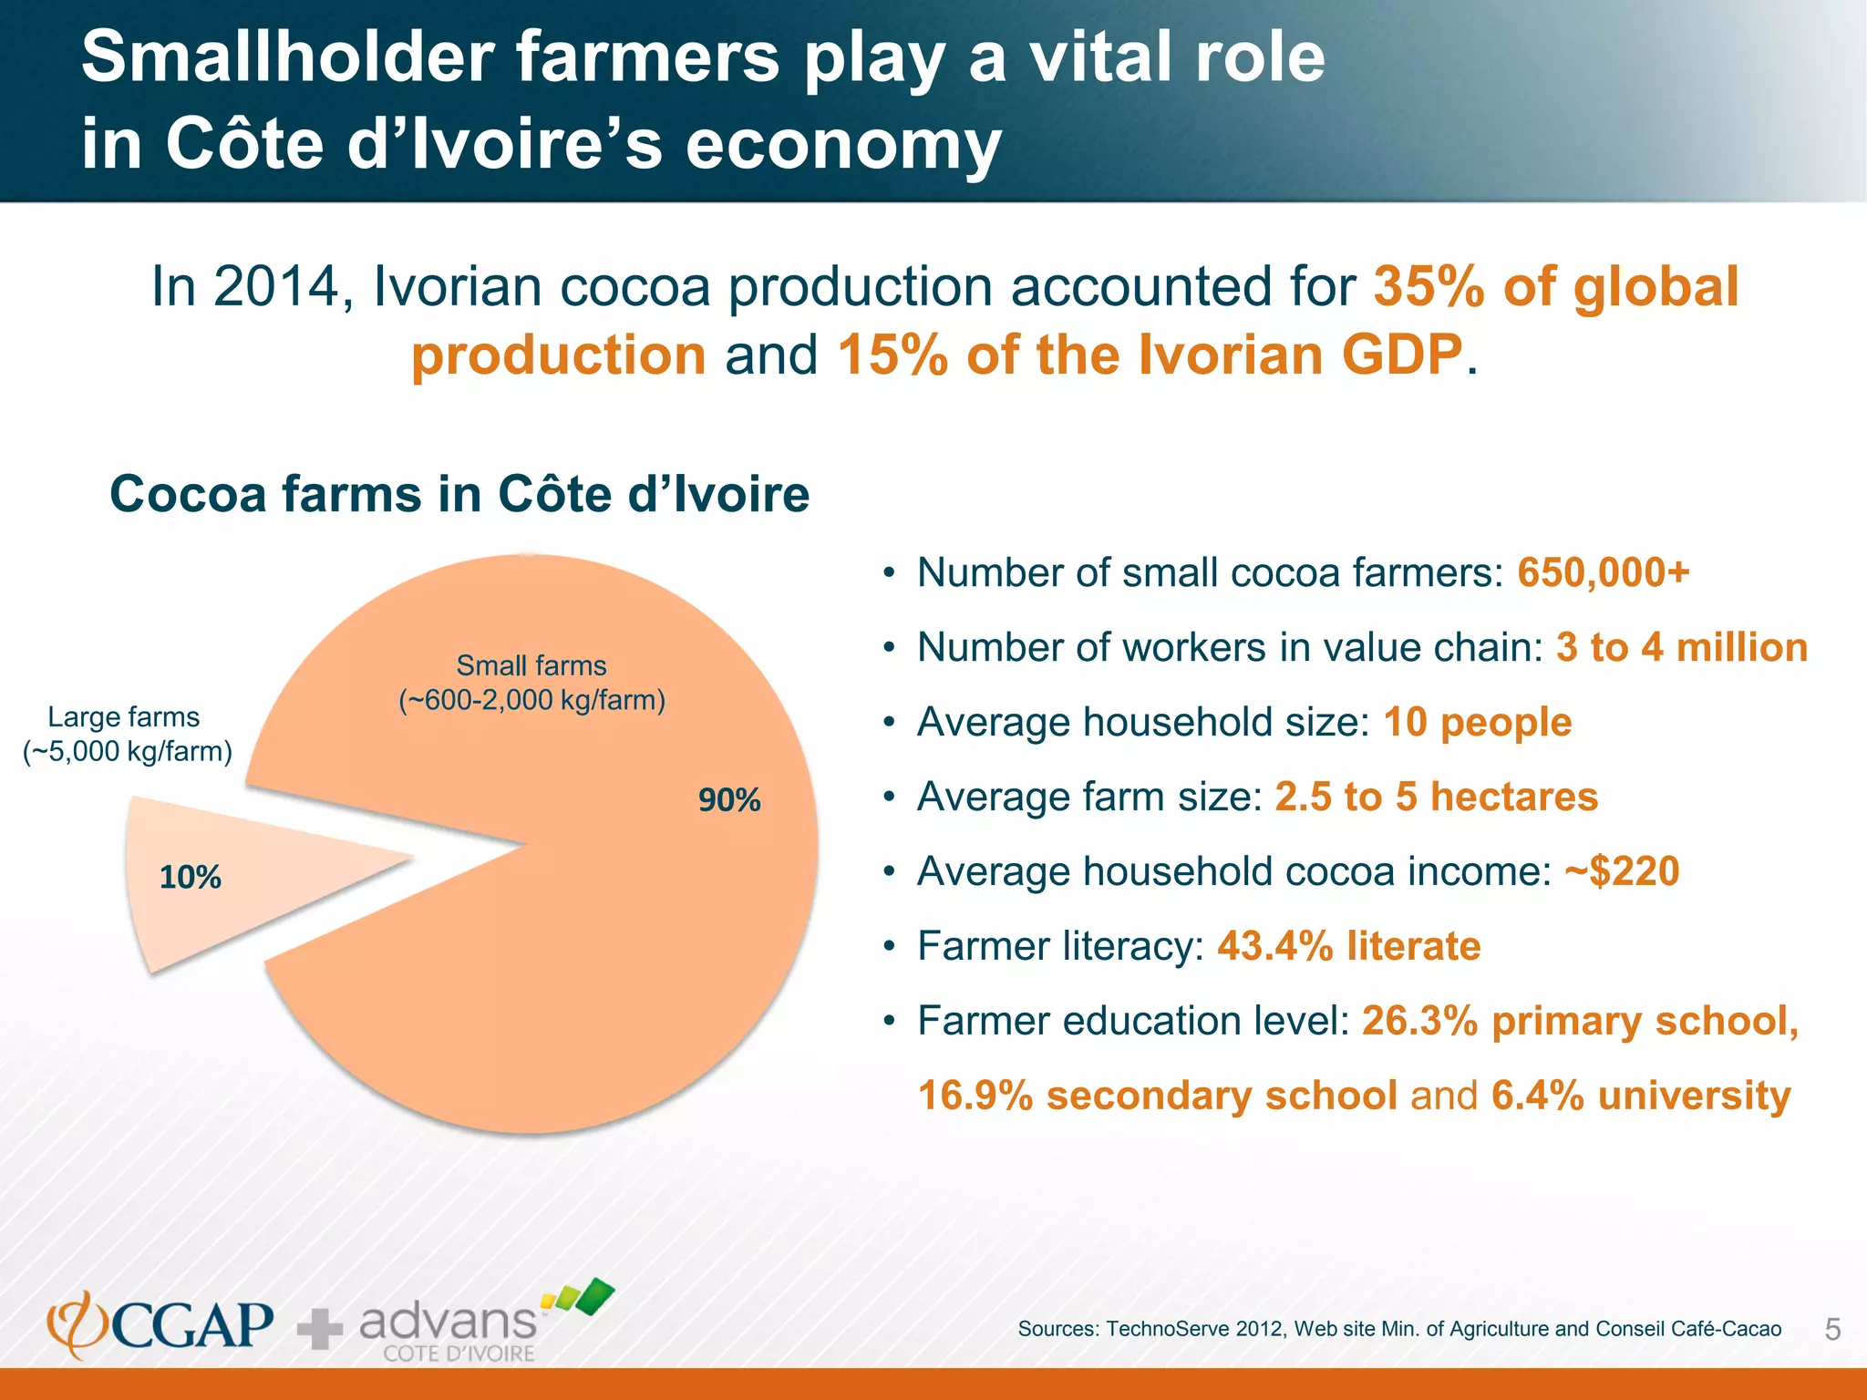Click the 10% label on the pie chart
(191, 877)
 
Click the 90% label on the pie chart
(729, 799)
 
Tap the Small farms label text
(531, 682)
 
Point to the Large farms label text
(126, 734)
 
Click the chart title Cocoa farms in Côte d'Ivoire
(459, 494)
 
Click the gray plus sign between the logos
(320, 1329)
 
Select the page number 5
(1832, 1330)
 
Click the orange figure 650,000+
(1603, 572)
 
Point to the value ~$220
(1622, 870)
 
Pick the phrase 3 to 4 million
(1681, 647)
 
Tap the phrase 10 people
(1477, 722)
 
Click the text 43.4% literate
(1348, 945)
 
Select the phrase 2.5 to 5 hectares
(1436, 796)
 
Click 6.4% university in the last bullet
(1641, 1095)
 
